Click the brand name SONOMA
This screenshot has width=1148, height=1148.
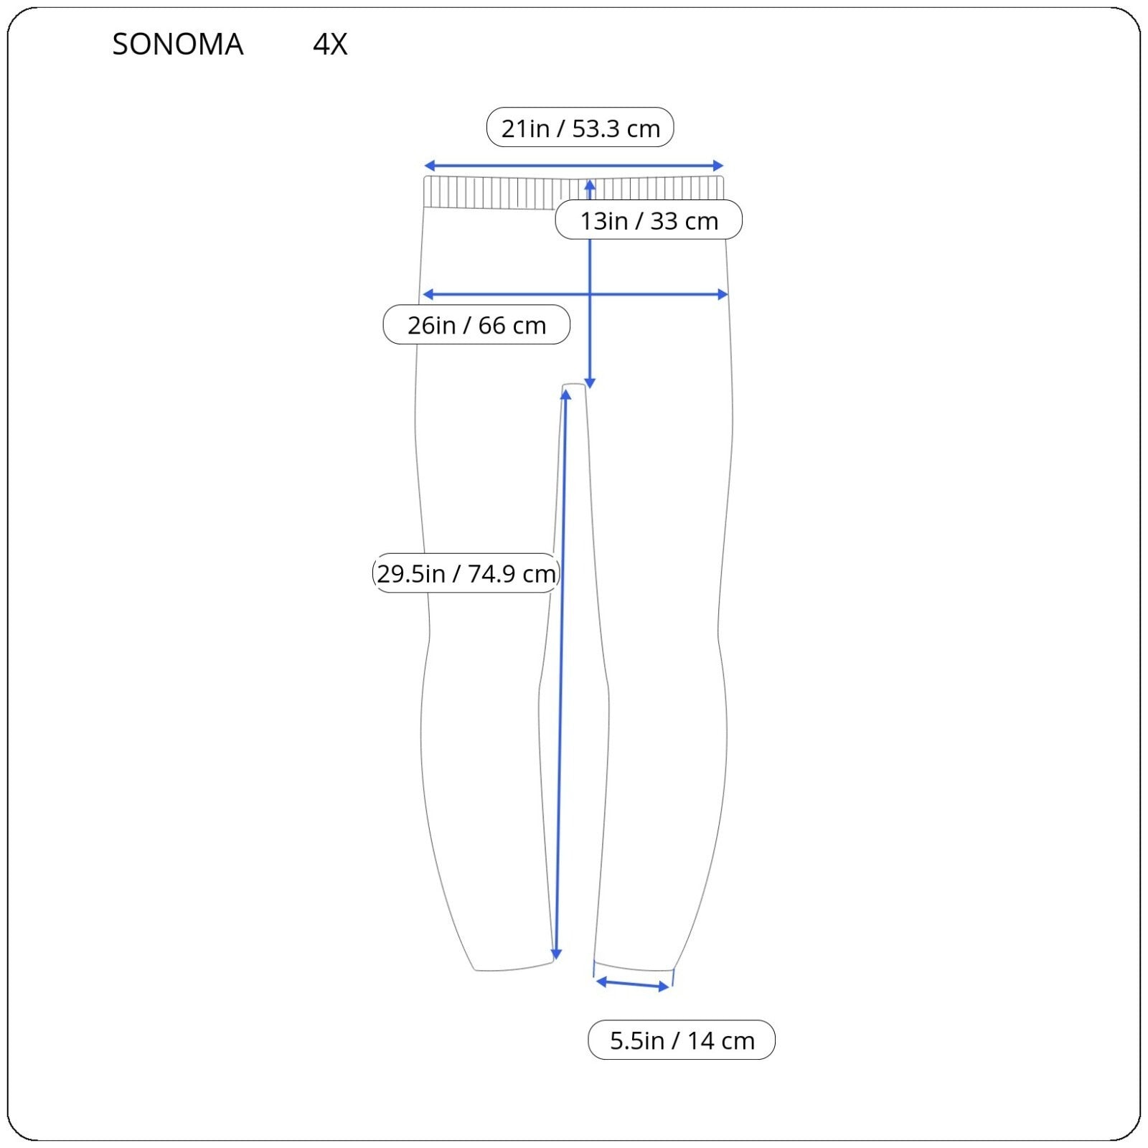[178, 44]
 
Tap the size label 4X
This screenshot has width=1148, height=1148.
[330, 44]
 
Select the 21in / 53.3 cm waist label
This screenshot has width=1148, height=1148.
[580, 128]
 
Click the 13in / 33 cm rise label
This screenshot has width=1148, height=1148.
[649, 220]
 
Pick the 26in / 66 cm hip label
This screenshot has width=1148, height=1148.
[476, 325]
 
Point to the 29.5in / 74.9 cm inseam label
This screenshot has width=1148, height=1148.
[466, 573]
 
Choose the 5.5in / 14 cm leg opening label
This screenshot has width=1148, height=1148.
[682, 1040]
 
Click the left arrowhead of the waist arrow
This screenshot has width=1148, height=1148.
[428, 166]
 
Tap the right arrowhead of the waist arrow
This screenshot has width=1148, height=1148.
[719, 166]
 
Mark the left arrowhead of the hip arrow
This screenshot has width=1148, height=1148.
[428, 294]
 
